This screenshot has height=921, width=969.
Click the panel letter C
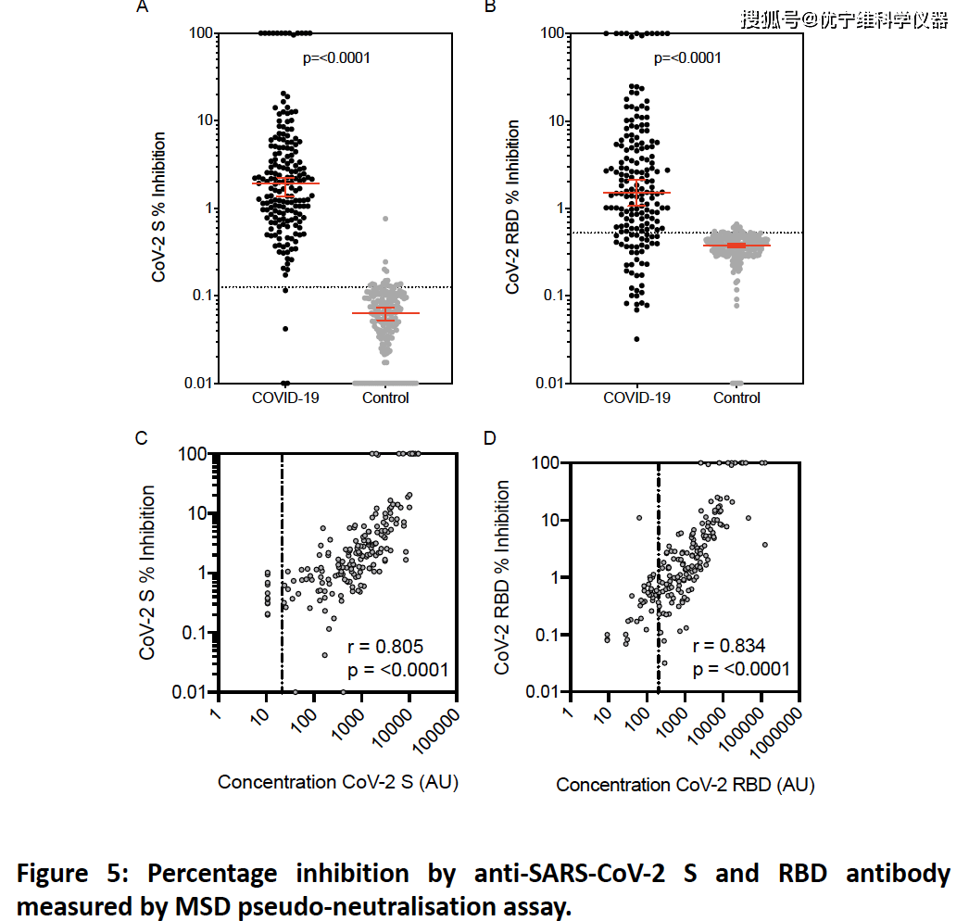pyautogui.click(x=143, y=438)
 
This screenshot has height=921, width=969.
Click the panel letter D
pyautogui.click(x=491, y=438)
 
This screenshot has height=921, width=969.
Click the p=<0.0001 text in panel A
pyautogui.click(x=337, y=57)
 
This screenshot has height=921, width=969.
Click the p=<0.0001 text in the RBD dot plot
pyautogui.click(x=687, y=58)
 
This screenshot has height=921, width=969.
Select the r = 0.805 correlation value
pyautogui.click(x=385, y=647)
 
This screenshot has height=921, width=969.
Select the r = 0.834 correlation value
pyautogui.click(x=729, y=647)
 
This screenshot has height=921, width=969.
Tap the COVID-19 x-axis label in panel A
pyautogui.click(x=285, y=398)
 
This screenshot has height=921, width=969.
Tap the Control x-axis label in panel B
pyautogui.click(x=737, y=398)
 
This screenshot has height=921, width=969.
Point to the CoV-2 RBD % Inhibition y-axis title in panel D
pyautogui.click(x=502, y=577)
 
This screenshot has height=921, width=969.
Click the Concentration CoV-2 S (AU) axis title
pyautogui.click(x=338, y=783)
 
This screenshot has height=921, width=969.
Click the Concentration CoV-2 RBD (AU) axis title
pyautogui.click(x=686, y=786)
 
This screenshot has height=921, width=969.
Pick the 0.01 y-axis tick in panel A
pyautogui.click(x=197, y=383)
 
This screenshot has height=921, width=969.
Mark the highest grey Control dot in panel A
pyautogui.click(x=385, y=219)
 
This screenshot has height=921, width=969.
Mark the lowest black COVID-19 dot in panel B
pyautogui.click(x=636, y=339)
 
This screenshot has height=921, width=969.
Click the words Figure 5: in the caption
pyautogui.click(x=75, y=874)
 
